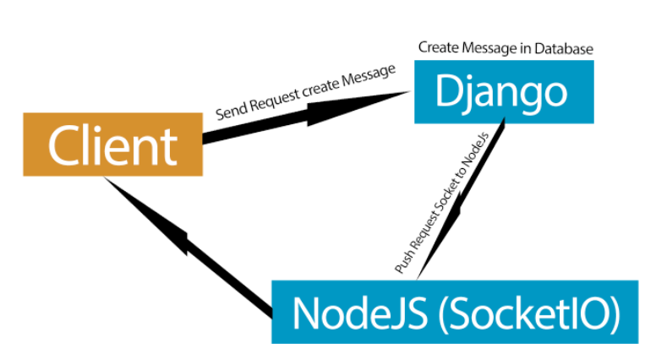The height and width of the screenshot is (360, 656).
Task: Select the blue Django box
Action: (x=504, y=92)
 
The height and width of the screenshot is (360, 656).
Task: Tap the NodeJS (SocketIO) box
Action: (x=455, y=313)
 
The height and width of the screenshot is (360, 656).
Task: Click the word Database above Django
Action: (x=565, y=48)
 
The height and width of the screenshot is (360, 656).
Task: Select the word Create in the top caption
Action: (x=437, y=48)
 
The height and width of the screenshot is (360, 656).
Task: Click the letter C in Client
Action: (x=64, y=145)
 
